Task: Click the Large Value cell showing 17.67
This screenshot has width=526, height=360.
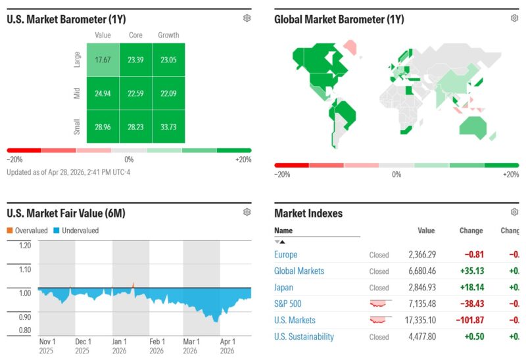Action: click(x=103, y=60)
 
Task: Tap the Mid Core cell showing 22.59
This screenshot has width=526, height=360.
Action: click(x=135, y=93)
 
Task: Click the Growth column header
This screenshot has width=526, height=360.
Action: click(x=168, y=35)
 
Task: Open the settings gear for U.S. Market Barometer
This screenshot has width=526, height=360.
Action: click(x=247, y=18)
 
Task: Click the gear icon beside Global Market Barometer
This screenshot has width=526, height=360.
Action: click(x=514, y=18)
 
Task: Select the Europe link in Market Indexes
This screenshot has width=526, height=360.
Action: click(x=285, y=254)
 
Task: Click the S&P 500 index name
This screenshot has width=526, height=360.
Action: click(x=288, y=304)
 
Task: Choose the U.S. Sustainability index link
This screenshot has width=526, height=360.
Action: click(x=304, y=336)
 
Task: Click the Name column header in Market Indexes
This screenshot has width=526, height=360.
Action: click(x=283, y=231)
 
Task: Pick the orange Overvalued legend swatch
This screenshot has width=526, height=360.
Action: click(x=10, y=231)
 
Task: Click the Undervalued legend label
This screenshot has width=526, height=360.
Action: click(x=80, y=231)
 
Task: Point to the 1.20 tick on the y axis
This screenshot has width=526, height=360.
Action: click(x=24, y=246)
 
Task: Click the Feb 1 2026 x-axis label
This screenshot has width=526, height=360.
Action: click(x=156, y=346)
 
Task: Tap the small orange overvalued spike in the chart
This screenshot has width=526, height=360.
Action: click(x=133, y=285)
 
